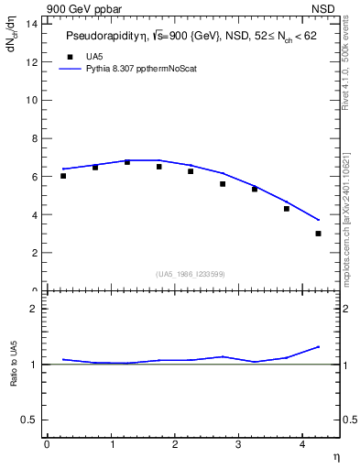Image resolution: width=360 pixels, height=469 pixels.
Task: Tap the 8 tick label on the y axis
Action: (34, 137)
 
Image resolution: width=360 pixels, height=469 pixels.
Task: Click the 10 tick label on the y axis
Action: (31, 99)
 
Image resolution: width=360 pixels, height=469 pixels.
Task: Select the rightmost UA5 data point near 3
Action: (319, 234)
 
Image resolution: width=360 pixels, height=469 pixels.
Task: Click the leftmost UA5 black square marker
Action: (63, 176)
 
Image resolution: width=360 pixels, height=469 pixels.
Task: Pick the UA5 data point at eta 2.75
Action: (223, 184)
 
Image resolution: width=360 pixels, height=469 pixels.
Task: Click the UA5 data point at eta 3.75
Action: (287, 209)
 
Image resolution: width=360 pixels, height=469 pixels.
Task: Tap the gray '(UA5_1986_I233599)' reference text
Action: (191, 273)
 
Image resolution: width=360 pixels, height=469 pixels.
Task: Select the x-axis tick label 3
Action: (238, 444)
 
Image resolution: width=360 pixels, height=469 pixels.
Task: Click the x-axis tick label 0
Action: (47, 444)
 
